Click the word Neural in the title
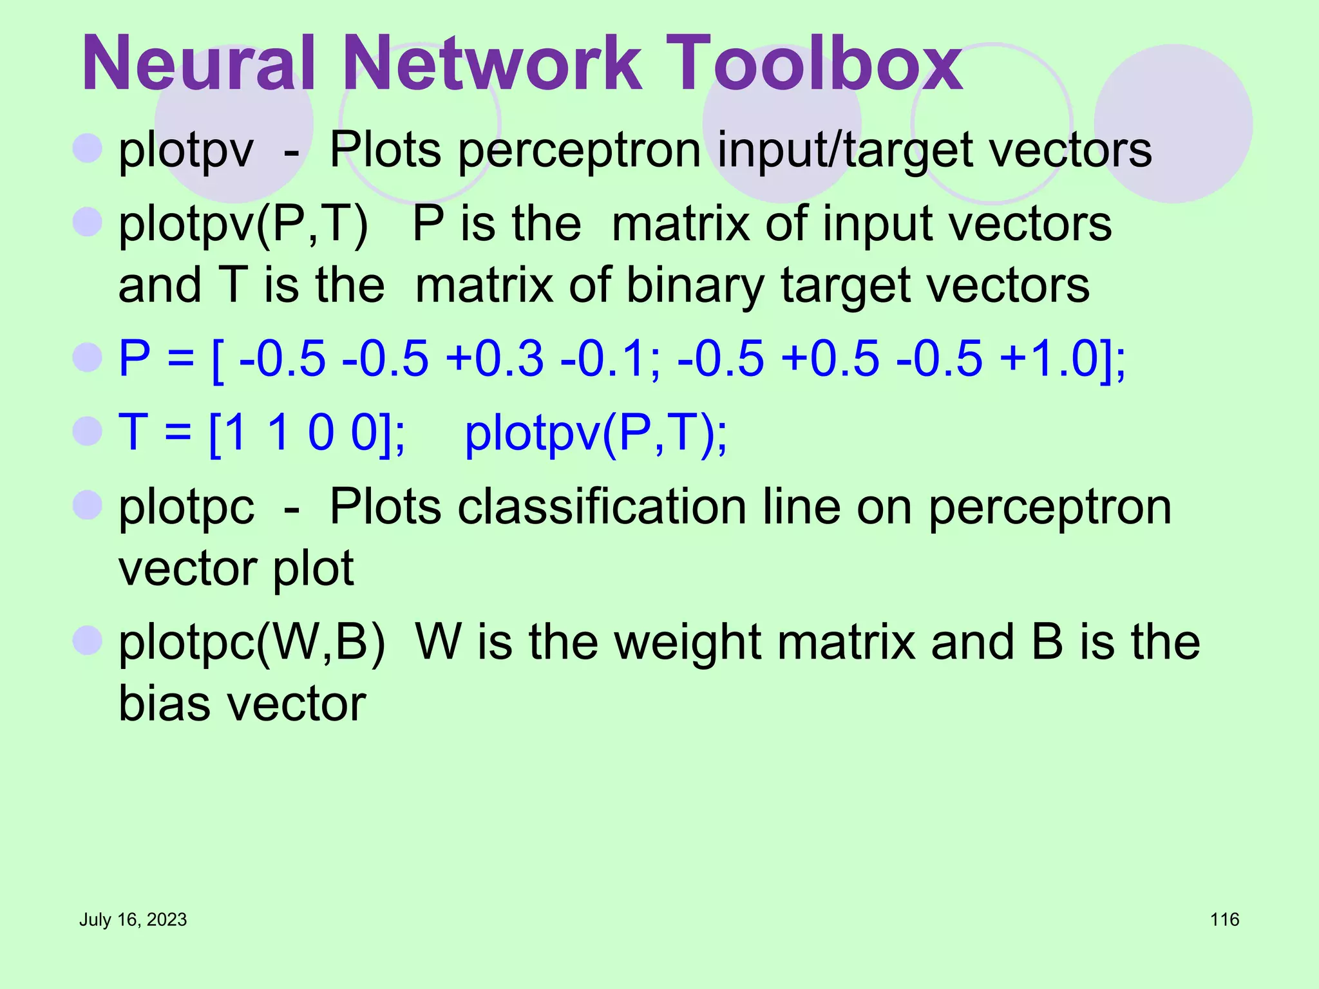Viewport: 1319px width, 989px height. [198, 63]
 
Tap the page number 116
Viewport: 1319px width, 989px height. [1224, 919]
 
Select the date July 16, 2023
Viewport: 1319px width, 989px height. [133, 919]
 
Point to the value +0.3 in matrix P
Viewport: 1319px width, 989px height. [495, 358]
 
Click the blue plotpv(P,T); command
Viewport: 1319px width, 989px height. [596, 433]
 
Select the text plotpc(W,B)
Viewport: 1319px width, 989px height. [252, 643]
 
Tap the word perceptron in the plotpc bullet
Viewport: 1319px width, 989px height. [1050, 507]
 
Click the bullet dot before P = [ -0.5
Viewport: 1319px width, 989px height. [88, 357]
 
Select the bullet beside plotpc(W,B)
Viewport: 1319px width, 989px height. [88, 640]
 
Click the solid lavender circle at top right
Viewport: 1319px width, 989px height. [1173, 124]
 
